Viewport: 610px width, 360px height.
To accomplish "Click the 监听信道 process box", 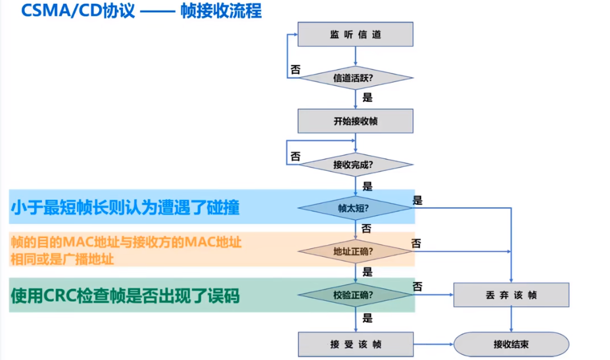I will point(356,34).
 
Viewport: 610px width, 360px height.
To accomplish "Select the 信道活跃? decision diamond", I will point(356,78).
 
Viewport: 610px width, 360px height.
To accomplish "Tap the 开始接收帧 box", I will point(356,121).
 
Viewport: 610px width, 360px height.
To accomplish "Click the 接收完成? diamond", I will point(356,164).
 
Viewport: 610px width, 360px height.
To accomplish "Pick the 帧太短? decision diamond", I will point(356,208).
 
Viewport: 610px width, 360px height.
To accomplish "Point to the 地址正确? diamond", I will point(356,251).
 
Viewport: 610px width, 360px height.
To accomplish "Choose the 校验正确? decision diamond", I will point(356,294).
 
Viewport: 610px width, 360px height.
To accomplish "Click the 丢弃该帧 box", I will point(511,295).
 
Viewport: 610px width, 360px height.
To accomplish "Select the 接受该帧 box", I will point(356,344).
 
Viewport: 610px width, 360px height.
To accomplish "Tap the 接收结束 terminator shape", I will point(511,344).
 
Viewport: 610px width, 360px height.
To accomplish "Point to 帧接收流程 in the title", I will point(221,12).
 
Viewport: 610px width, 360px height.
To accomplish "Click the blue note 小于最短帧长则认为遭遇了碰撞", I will point(125,208).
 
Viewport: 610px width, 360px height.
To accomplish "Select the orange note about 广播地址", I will point(125,250).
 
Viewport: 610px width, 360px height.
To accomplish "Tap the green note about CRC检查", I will point(125,296).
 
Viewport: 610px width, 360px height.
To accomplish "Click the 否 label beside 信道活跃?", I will point(295,68).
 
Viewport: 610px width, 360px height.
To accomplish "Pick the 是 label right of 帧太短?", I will point(417,200).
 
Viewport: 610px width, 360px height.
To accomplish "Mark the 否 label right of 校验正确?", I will point(417,286).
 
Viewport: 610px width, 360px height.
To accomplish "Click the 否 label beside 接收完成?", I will point(295,156).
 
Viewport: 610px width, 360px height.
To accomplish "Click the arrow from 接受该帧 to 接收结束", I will point(433,344).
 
